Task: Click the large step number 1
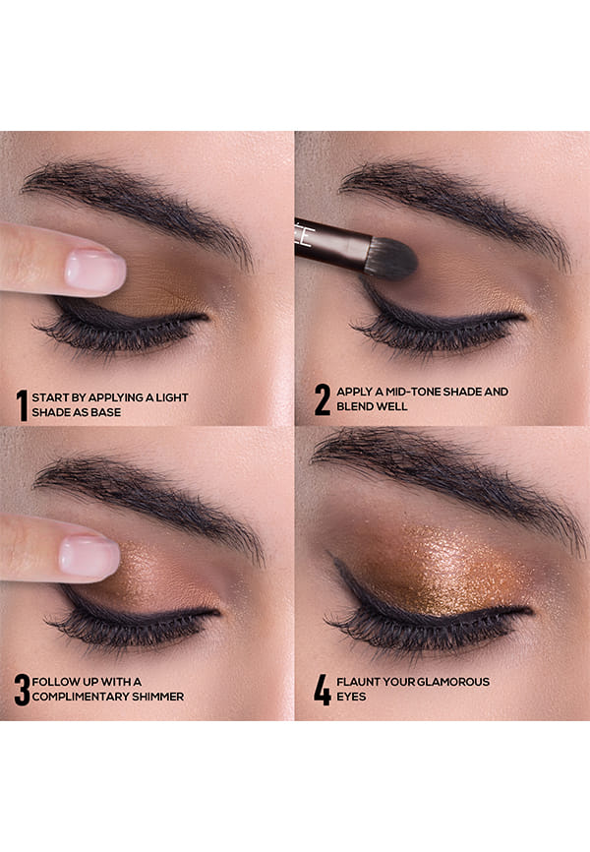(x=22, y=404)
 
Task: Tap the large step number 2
(x=323, y=399)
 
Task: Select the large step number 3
(x=23, y=690)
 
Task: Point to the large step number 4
(x=323, y=690)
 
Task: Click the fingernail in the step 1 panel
(x=94, y=270)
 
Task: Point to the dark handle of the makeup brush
(x=332, y=243)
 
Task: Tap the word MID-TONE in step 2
(x=412, y=392)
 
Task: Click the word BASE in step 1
(x=106, y=412)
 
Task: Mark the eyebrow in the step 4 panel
(x=445, y=478)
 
